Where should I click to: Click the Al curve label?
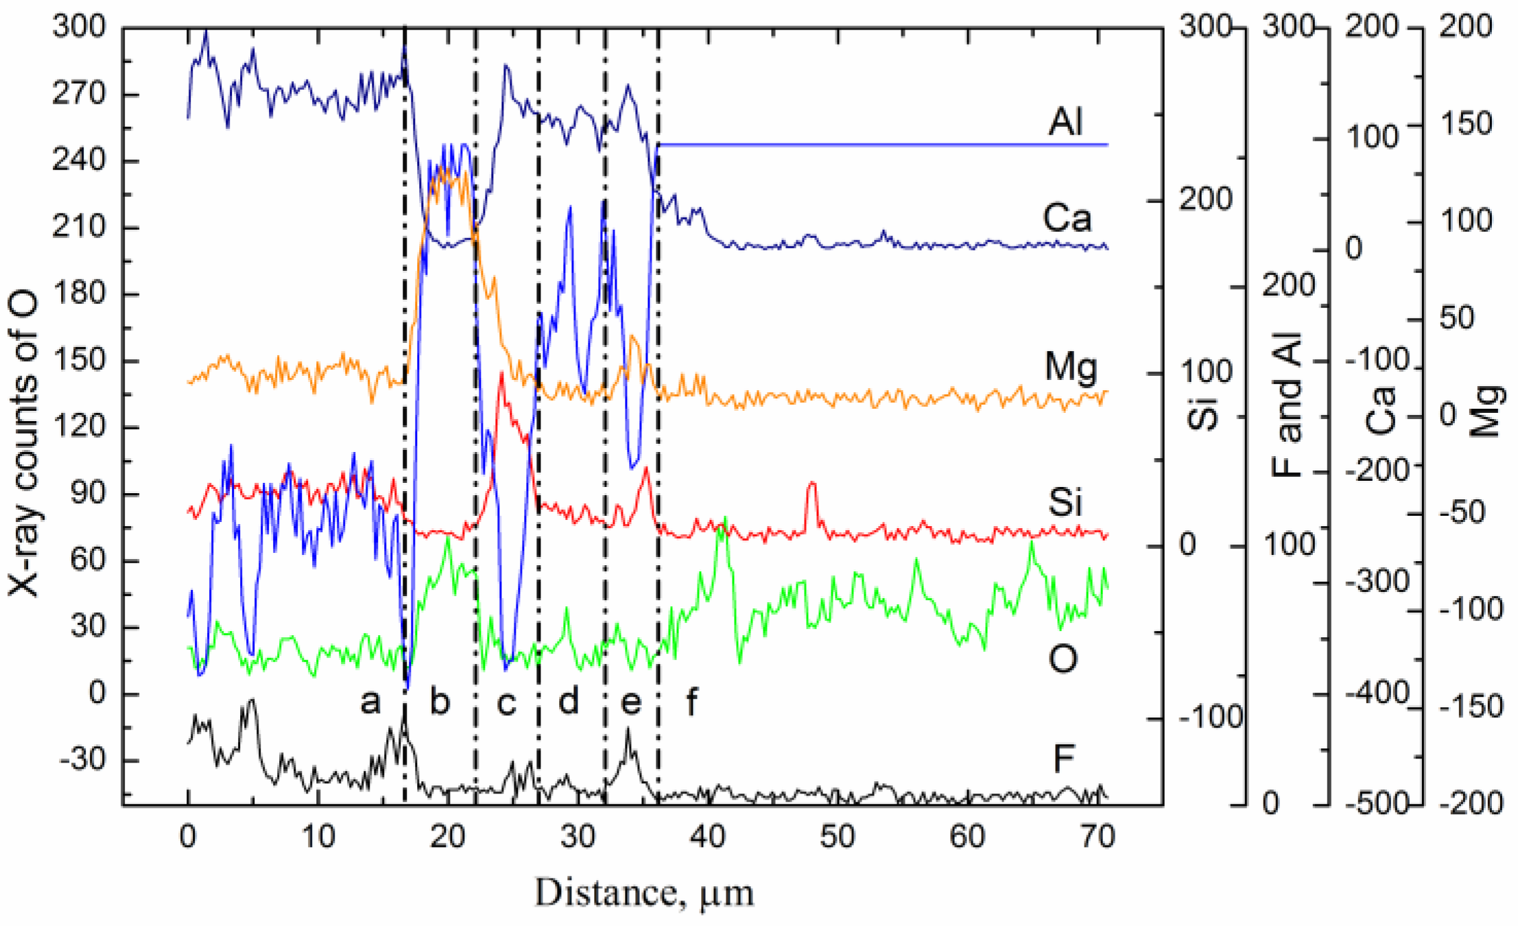coord(1065,122)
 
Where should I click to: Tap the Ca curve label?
coord(1067,218)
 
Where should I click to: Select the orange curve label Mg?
coord(1070,367)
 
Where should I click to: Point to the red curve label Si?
coord(1065,502)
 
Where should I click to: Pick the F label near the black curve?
coord(1063,759)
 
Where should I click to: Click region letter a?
coord(370,702)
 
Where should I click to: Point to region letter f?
coord(691,702)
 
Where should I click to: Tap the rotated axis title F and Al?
coord(1287,405)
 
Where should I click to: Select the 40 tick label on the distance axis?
coord(707,837)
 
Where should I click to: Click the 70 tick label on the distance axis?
coord(1096,837)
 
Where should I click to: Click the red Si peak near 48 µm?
coord(812,484)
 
